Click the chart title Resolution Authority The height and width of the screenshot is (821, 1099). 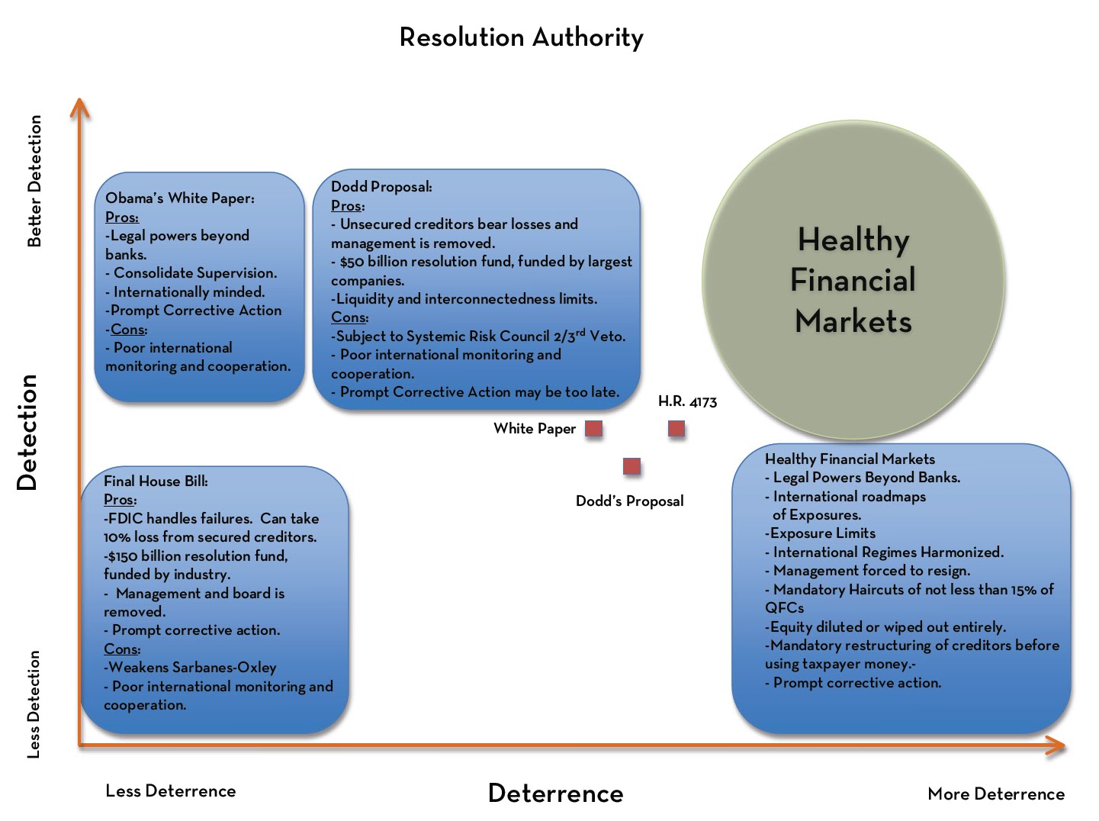pos(521,37)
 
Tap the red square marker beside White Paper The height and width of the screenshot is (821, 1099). pos(594,429)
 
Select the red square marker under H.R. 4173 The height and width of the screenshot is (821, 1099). pos(676,429)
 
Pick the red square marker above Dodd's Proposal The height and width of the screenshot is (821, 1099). pos(631,466)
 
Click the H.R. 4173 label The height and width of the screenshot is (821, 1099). pos(687,401)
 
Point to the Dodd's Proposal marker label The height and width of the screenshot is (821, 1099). pos(630,501)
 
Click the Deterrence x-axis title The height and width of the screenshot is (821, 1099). pos(556,794)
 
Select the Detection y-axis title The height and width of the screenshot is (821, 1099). pos(27,433)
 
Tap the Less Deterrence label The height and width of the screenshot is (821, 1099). pos(171,791)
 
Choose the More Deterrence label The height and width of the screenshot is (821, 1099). pos(996,794)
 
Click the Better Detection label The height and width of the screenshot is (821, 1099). pos(34,181)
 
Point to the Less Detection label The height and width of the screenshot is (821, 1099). pos(33,704)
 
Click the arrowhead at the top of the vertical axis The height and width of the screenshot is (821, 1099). pos(79,99)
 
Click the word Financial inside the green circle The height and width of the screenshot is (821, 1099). pos(853,279)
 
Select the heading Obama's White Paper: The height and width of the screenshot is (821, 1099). pos(180,198)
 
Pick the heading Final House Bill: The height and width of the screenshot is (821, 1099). pos(156,481)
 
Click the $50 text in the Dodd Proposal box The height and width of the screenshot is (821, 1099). pos(352,262)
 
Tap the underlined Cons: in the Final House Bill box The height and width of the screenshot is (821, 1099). pos(122,649)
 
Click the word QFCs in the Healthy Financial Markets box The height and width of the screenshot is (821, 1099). pos(784,608)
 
